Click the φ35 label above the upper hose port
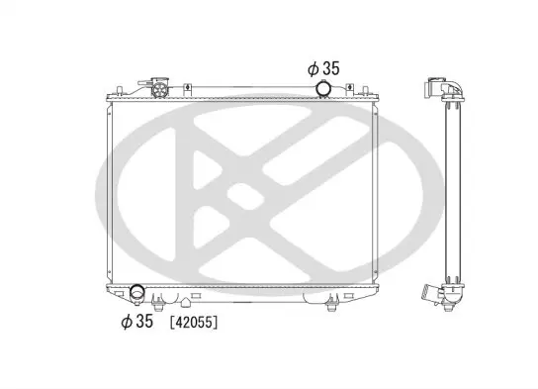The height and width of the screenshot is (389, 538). (x=323, y=68)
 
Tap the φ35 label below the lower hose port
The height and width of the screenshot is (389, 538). (x=136, y=321)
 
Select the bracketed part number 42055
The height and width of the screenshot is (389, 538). (x=194, y=323)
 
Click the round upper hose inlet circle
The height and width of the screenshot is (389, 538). (x=323, y=88)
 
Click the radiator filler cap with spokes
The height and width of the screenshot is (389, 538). (x=160, y=89)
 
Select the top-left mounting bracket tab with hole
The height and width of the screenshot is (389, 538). (x=187, y=89)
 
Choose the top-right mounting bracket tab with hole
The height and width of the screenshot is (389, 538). (x=349, y=89)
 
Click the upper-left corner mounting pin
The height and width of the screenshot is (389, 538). (x=119, y=90)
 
